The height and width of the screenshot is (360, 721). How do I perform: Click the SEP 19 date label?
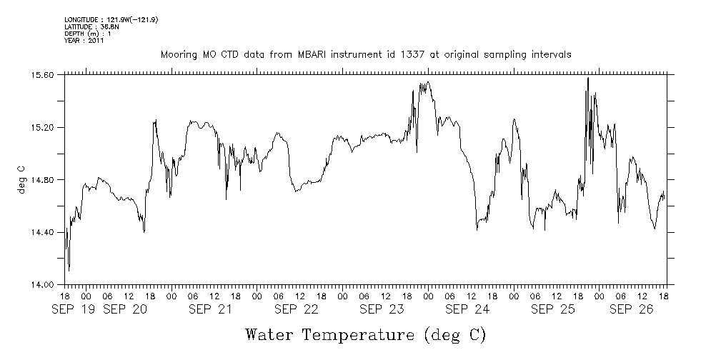(74, 309)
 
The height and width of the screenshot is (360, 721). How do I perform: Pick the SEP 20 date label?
(125, 309)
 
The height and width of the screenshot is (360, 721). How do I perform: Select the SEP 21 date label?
(211, 309)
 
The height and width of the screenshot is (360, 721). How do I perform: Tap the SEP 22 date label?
(296, 309)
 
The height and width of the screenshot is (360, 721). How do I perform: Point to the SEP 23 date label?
(382, 309)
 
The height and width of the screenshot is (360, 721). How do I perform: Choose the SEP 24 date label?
(467, 309)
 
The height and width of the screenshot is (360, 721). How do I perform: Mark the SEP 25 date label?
(553, 309)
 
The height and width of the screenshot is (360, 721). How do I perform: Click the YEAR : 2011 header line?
(84, 41)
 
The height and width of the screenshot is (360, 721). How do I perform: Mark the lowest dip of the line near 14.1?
(69, 269)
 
